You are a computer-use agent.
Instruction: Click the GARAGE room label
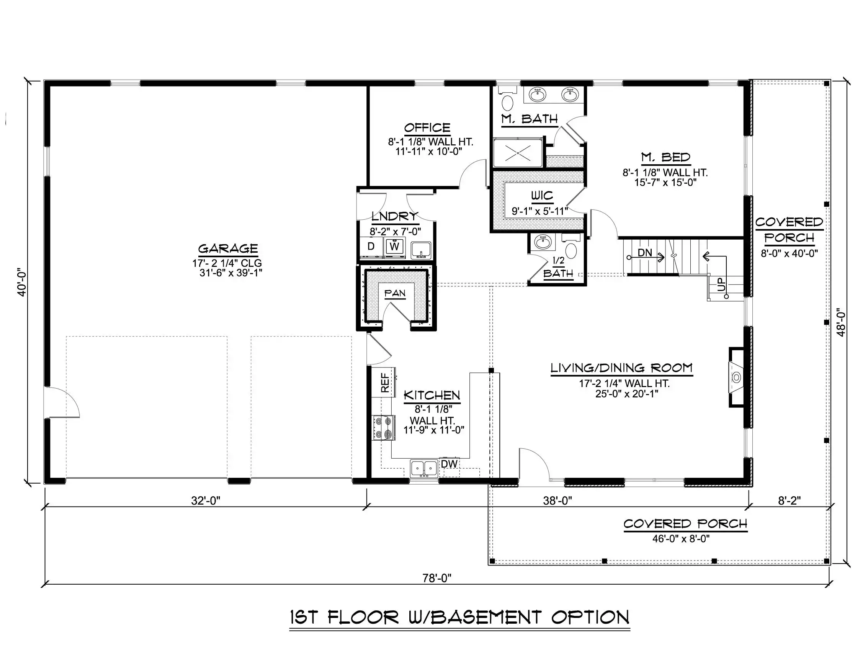(x=228, y=249)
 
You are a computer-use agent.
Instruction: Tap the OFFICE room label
(x=427, y=127)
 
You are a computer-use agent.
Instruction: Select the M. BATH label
(x=530, y=119)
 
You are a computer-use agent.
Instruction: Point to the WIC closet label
(x=542, y=196)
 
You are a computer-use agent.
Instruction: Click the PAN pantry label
(x=395, y=293)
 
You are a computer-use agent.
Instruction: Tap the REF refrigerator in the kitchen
(x=384, y=382)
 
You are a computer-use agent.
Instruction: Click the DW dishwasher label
(x=450, y=464)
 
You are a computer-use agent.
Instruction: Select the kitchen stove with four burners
(x=384, y=428)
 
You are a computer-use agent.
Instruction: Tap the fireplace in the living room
(x=736, y=377)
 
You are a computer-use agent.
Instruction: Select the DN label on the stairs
(x=645, y=252)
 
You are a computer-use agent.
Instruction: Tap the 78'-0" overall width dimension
(x=437, y=578)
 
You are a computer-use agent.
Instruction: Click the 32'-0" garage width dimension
(x=206, y=501)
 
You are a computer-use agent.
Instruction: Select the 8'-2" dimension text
(x=789, y=501)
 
